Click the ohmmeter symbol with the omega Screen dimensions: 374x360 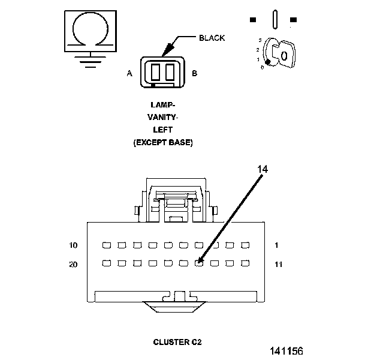[91, 31]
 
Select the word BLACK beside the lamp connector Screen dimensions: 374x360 [212, 38]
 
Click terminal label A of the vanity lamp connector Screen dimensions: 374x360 [129, 73]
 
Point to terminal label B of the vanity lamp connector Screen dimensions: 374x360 [195, 73]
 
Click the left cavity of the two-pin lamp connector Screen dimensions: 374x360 [155, 72]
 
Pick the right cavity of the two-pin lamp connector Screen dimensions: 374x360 [170, 72]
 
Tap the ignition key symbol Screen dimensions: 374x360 [279, 53]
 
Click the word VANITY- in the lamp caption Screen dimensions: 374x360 [163, 118]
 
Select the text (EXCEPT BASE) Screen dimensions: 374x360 [163, 143]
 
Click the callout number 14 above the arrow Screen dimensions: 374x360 [263, 169]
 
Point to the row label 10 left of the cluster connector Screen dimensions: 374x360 [73, 245]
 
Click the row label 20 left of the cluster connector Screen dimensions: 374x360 [73, 265]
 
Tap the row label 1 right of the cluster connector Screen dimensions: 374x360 [276, 245]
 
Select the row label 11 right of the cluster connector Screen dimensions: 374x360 [279, 265]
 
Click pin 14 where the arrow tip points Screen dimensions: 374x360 [199, 263]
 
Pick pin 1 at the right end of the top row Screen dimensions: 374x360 [245, 245]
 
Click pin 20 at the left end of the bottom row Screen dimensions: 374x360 [106, 263]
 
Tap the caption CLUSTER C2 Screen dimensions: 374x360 [177, 342]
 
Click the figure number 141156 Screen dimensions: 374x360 [286, 351]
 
